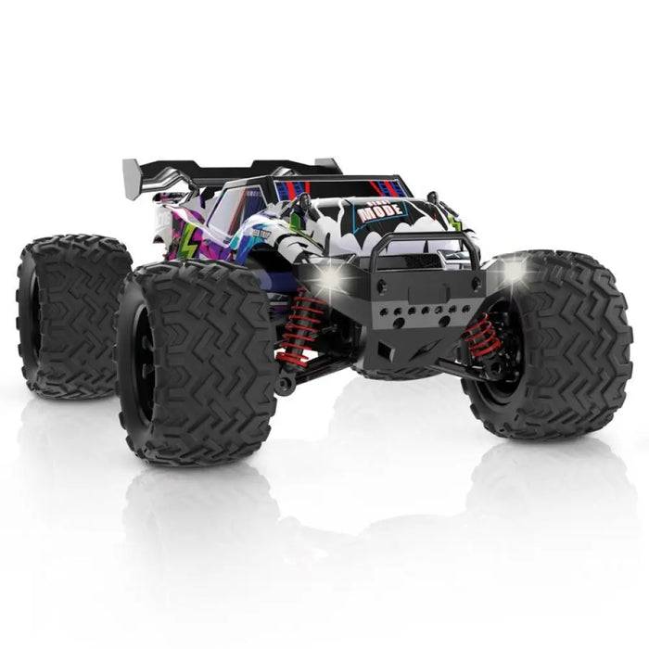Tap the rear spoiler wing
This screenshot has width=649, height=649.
coord(232,171)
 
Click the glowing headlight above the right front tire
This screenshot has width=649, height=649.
coord(513,270)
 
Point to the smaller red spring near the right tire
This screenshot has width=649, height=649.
coord(481,335)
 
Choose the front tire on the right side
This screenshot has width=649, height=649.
coord(556,343)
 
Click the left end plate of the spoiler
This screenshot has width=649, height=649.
coord(133,172)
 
